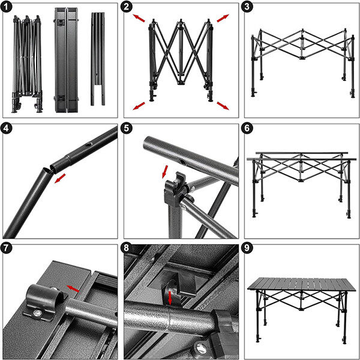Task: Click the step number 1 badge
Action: [8, 8]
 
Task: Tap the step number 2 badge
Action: [128, 8]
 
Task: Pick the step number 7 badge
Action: [8, 248]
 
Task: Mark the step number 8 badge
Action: [128, 248]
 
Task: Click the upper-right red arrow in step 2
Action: [223, 18]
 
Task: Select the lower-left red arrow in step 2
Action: [139, 106]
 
